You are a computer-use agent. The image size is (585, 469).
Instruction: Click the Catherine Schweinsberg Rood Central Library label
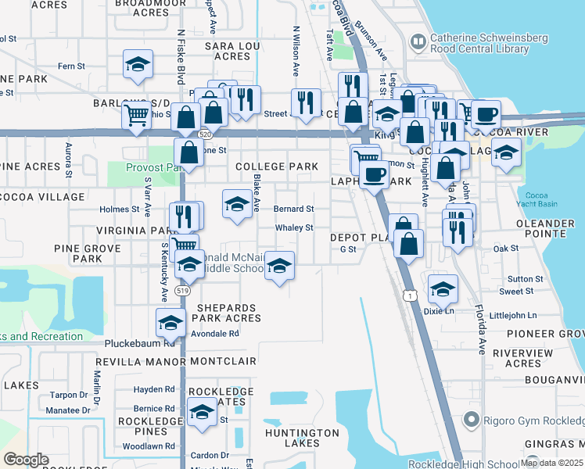tap(479, 43)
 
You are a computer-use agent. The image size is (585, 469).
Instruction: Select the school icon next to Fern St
tap(138, 65)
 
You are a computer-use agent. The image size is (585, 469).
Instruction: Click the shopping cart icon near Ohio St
tap(137, 117)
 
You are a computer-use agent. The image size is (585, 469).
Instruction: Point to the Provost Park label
tap(153, 167)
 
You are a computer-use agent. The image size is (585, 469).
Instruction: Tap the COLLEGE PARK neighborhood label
tap(277, 166)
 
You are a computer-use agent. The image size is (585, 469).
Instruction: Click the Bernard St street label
tap(293, 209)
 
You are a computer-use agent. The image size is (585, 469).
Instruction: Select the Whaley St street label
tap(293, 228)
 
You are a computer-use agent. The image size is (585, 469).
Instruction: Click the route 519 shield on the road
tap(183, 290)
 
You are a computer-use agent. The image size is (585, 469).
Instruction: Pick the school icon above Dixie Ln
tap(443, 289)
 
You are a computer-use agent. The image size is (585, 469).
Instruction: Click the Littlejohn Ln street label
tap(512, 315)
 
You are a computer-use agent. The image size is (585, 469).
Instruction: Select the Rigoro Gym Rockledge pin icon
tap(471, 421)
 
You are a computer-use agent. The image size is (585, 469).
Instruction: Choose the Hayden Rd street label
tap(153, 389)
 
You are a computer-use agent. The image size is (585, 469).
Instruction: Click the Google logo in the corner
tap(25, 460)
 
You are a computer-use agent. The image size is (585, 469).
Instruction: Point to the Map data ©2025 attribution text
tap(551, 463)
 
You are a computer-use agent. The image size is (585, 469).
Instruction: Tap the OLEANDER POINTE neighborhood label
tap(545, 229)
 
